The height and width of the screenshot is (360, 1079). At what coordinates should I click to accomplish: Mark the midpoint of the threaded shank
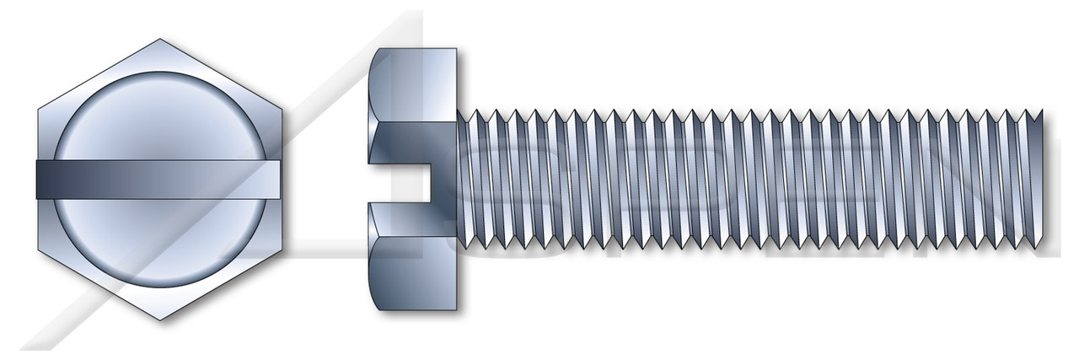[x=750, y=180]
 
